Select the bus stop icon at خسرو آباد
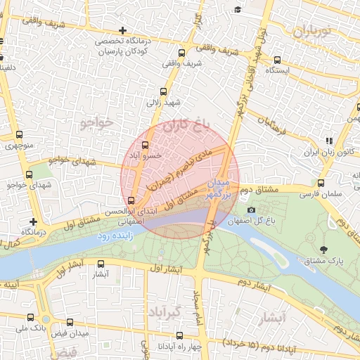146,146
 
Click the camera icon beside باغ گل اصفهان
251,210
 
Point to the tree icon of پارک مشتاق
323,250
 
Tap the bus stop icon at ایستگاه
278,60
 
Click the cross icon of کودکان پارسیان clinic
123,30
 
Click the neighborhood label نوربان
311,32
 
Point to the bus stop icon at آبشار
101,264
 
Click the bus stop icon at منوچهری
18,136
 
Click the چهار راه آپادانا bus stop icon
179,336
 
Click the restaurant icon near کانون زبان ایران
328,141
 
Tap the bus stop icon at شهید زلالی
164,91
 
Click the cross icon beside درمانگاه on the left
32,221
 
